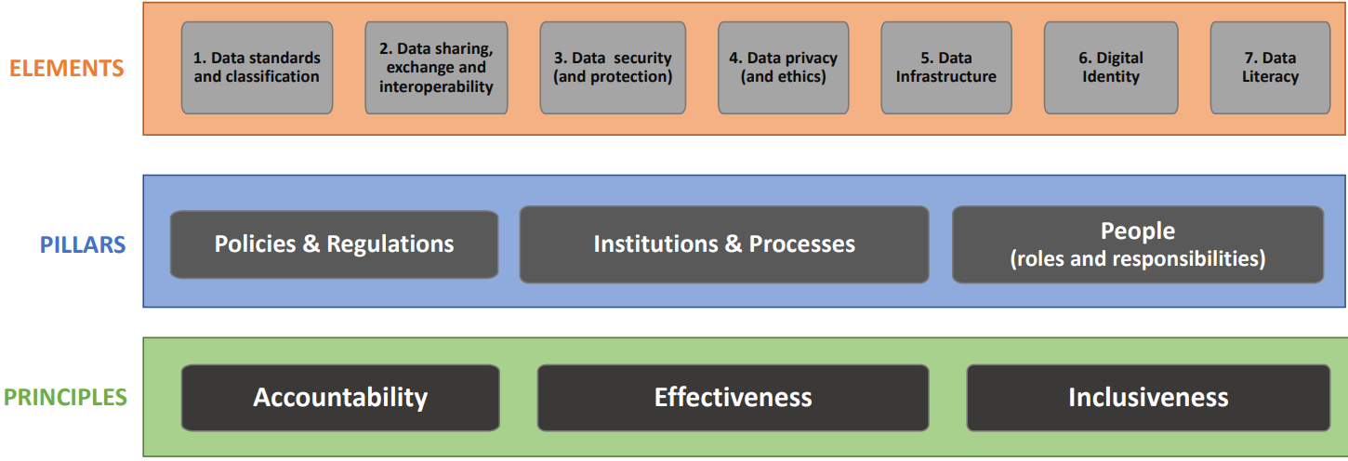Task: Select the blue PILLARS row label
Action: click(83, 244)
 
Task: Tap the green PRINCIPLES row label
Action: click(65, 397)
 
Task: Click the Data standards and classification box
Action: click(257, 68)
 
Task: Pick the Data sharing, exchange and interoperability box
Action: click(436, 68)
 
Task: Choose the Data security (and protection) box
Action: click(613, 68)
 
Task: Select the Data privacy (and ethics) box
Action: click(783, 68)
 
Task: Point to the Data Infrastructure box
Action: click(945, 68)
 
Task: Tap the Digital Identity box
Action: click(1110, 68)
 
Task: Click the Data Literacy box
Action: click(1270, 68)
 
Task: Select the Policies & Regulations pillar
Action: click(334, 244)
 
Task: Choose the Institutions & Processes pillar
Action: click(724, 244)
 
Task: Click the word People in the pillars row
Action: click(1138, 230)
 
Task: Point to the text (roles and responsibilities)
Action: click(1138, 258)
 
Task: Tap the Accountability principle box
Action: click(340, 397)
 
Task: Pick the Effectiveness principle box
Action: click(733, 397)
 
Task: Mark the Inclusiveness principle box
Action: click(1148, 397)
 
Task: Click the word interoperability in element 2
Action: click(436, 86)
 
